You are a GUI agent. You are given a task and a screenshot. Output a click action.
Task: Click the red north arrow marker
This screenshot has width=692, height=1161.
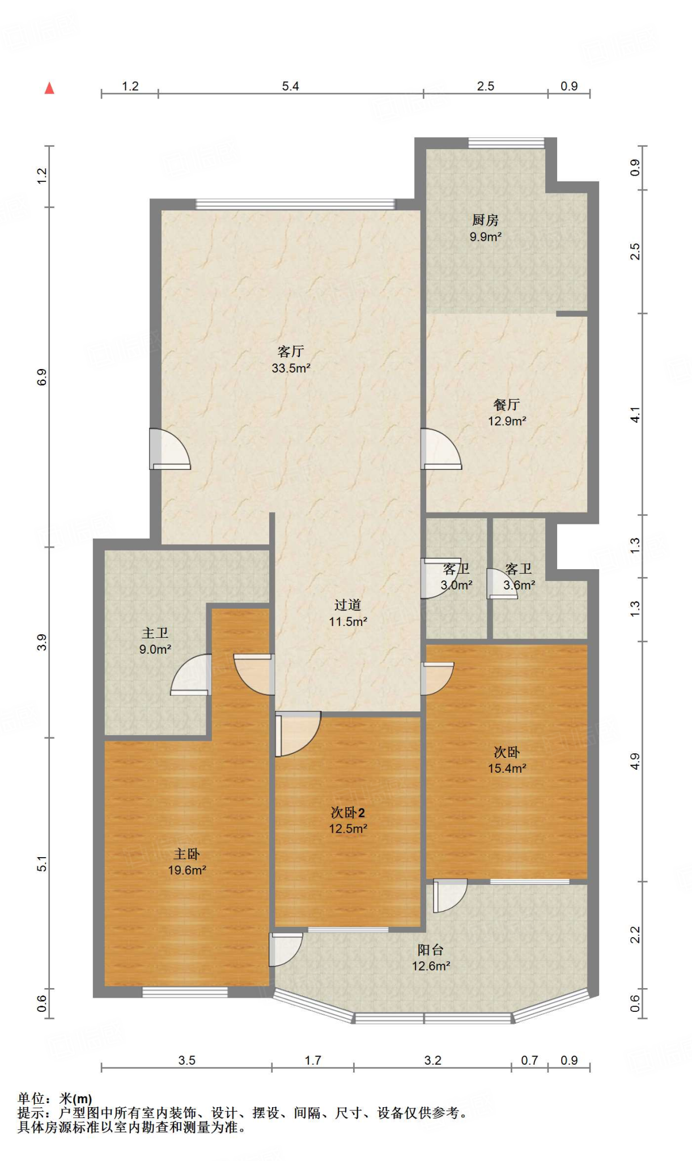point(49,88)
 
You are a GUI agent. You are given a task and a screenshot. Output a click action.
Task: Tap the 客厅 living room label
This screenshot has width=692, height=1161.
point(291,352)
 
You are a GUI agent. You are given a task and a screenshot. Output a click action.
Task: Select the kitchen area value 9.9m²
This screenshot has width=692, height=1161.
point(486,237)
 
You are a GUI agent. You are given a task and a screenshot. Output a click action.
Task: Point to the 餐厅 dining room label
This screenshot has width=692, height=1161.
point(507,405)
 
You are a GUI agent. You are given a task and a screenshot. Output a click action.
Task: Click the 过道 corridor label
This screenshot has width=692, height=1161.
point(347,605)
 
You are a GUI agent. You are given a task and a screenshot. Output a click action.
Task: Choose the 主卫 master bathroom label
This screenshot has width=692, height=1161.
point(155,633)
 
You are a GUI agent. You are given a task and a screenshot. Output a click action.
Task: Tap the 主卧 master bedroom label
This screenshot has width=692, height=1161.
point(186,854)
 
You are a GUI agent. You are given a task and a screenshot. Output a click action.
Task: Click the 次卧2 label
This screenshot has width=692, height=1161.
point(348,813)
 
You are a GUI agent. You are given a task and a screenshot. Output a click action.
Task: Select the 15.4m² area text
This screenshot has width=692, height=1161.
point(507,769)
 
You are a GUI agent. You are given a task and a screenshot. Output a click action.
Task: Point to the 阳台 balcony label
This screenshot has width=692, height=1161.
point(431,950)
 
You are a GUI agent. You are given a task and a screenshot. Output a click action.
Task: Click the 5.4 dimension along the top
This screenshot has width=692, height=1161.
point(291,86)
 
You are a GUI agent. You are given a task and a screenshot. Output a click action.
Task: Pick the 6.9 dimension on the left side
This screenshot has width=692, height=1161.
point(42,377)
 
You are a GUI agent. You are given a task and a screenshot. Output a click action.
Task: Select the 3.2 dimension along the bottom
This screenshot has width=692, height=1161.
point(433,1060)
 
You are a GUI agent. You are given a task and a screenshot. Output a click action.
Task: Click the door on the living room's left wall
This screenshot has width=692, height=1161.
point(170,449)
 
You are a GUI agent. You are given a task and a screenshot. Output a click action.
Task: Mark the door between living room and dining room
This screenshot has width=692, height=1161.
point(441,449)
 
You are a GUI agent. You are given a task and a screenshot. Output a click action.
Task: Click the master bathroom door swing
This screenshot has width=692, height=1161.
point(191,675)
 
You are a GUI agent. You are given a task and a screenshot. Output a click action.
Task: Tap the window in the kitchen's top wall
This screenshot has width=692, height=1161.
point(506,142)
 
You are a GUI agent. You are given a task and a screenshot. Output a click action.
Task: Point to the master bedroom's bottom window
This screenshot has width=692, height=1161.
point(185,992)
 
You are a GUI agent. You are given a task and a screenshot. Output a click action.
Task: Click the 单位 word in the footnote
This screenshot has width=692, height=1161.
point(31,1099)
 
